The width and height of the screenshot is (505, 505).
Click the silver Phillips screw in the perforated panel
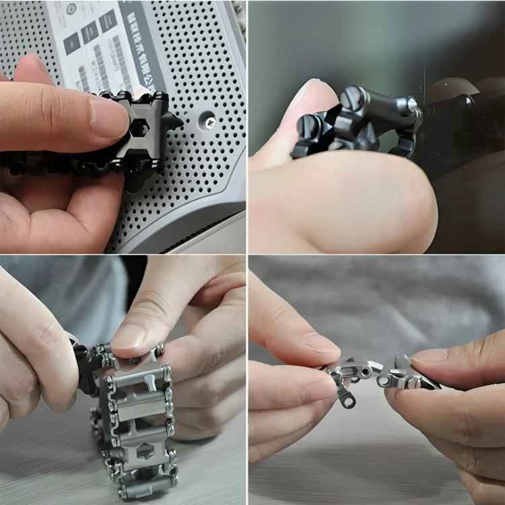(209, 123)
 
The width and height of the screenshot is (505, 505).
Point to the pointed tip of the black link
(179, 122)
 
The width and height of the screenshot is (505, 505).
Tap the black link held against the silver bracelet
(86, 366)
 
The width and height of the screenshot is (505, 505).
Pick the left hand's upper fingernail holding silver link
(321, 341)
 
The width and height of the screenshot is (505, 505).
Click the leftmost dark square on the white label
(71, 43)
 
